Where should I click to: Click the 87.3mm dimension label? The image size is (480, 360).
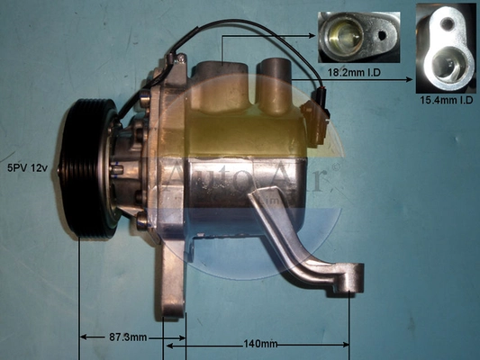[x=128, y=337]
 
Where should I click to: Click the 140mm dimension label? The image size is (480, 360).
[x=260, y=345]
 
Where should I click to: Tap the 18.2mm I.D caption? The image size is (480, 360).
[x=355, y=73]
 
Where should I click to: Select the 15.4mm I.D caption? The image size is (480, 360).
[x=447, y=100]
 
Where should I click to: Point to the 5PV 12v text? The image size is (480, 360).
[x=28, y=168]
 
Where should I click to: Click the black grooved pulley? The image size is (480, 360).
[x=88, y=169]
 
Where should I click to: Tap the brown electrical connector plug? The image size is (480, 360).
[x=315, y=123]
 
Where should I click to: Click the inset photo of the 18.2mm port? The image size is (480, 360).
[x=358, y=37]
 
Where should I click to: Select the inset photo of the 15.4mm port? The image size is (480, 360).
[x=447, y=49]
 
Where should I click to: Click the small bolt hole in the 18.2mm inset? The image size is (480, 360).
[x=382, y=35]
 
